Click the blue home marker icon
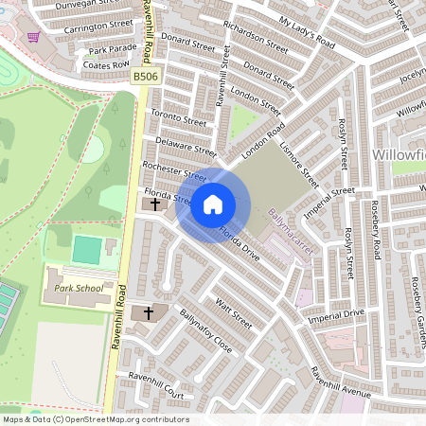[213, 204]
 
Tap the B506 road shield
[144, 76]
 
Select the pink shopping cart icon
[34, 37]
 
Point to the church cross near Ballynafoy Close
[147, 312]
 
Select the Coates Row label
[105, 65]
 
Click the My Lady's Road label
[308, 31]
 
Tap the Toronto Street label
[178, 117]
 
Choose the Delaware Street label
[186, 146]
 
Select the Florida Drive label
[239, 241]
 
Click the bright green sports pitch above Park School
[87, 251]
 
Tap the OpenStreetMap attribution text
[95, 419]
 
